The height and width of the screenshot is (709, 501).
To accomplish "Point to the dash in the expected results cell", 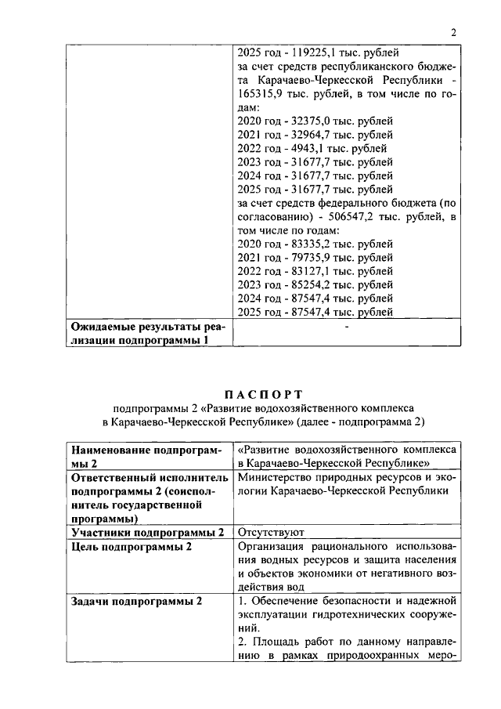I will [345, 328].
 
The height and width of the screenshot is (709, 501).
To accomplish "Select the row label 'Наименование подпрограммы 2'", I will [146, 458].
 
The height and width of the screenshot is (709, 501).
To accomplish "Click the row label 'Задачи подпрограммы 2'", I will [136, 601].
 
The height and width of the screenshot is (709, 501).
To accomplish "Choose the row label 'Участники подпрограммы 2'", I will [146, 532].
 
